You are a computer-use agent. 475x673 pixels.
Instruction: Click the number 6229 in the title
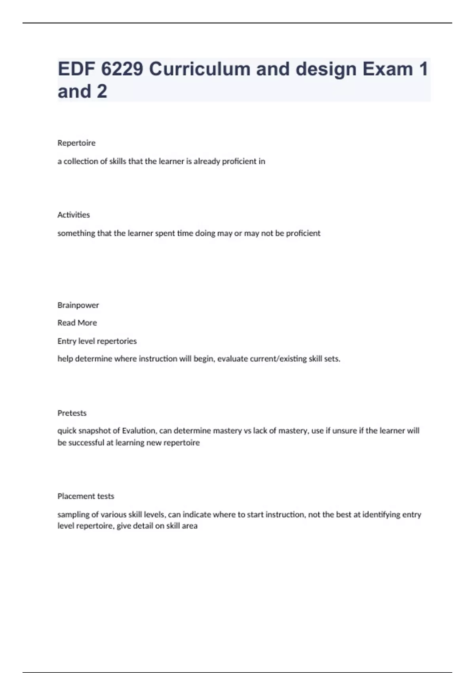pos(122,69)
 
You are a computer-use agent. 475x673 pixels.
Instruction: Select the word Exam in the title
pos(388,69)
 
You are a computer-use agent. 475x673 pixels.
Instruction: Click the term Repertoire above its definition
pos(76,143)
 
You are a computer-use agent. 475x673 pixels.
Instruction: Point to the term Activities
pos(74,215)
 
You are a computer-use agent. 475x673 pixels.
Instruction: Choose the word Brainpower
pos(78,305)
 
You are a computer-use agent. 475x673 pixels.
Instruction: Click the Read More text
pos(77,323)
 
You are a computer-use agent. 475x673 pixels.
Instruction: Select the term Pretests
pos(72,413)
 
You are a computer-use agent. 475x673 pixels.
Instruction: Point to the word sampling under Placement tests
pos(74,515)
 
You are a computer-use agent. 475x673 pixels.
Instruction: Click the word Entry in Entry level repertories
pos(66,341)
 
